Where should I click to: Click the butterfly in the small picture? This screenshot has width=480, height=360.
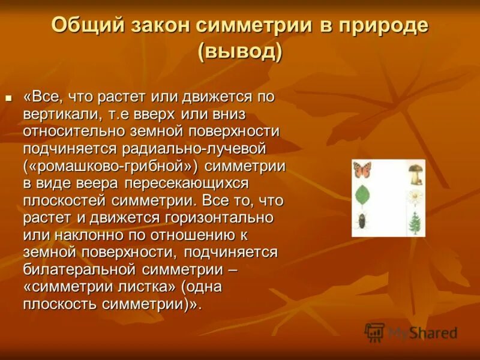362,170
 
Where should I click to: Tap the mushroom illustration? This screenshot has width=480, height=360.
415,174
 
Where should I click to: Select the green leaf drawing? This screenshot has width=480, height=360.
362,196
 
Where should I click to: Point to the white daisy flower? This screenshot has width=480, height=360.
415,197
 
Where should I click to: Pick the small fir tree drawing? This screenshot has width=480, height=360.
415,221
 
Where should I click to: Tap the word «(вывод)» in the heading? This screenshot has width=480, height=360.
240,51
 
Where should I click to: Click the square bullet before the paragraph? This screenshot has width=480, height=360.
8,97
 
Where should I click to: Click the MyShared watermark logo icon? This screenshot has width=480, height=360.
374,332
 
